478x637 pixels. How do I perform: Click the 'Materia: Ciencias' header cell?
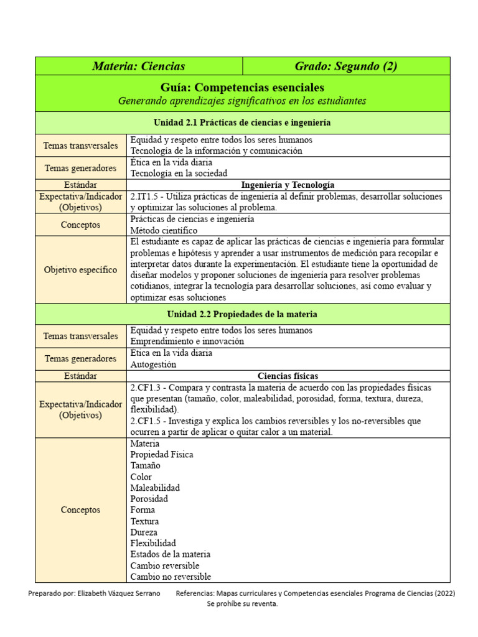[138, 66]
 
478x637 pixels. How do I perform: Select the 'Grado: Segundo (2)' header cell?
[346, 66]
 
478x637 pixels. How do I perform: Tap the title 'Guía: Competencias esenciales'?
[242, 87]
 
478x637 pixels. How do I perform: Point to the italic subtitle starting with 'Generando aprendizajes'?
[242, 101]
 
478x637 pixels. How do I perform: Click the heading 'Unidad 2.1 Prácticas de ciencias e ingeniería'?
[242, 123]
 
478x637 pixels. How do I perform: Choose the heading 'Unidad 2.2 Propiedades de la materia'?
[242, 314]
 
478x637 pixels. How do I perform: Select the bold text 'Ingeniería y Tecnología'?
[288, 185]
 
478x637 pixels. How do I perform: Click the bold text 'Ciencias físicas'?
[288, 376]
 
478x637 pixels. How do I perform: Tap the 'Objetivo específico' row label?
[81, 270]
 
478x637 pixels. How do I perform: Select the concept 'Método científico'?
[164, 230]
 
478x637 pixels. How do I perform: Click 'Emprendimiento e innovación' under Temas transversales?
[187, 342]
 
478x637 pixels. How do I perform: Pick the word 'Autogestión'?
[153, 365]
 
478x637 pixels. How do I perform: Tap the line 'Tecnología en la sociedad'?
[179, 174]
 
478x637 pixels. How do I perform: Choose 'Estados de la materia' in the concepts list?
[171, 554]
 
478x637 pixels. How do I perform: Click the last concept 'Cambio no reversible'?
[171, 577]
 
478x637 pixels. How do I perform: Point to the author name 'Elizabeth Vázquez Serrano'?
[123, 593]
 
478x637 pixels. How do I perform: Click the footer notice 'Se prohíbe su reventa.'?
[242, 603]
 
